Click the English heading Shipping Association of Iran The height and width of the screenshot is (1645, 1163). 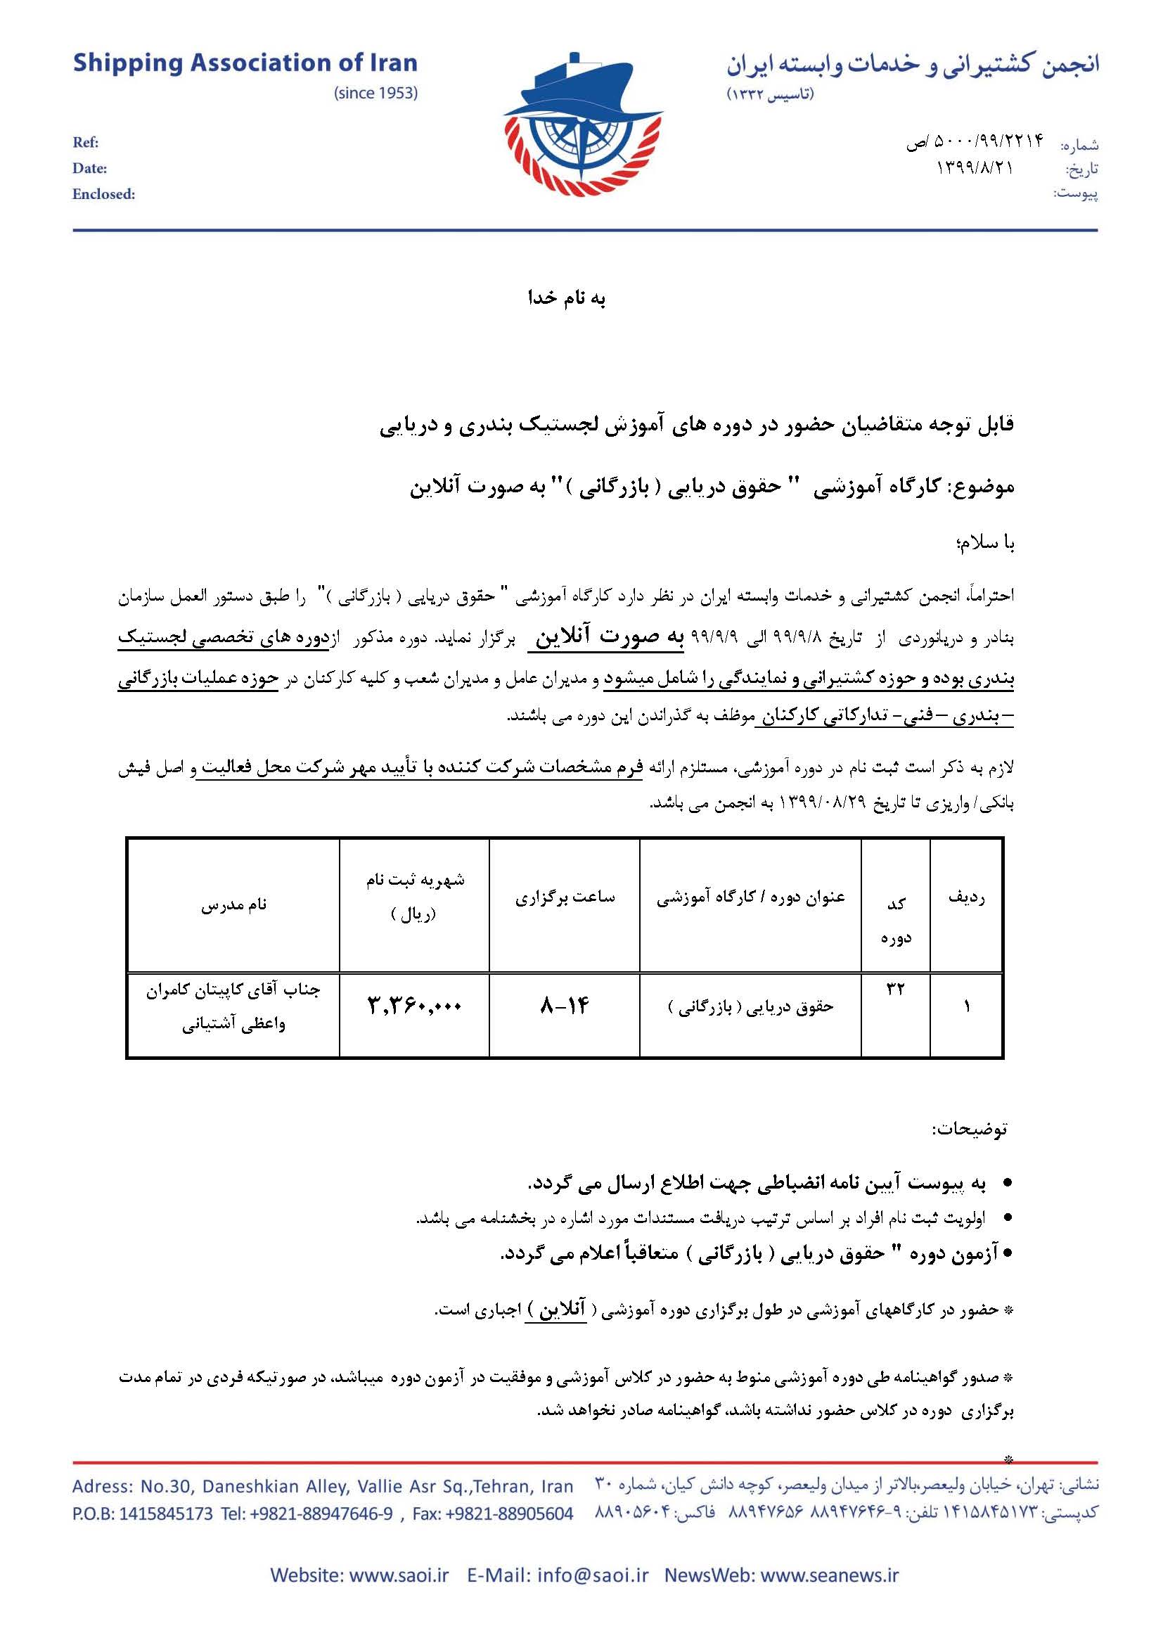[x=245, y=64]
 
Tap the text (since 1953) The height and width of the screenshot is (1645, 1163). [x=375, y=94]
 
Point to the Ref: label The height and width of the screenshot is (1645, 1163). [x=85, y=143]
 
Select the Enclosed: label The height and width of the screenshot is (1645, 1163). [x=103, y=194]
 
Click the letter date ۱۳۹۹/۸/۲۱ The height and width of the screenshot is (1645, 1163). [x=975, y=169]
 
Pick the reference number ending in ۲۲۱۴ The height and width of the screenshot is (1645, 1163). [x=975, y=143]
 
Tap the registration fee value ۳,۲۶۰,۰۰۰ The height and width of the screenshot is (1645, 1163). [x=415, y=1006]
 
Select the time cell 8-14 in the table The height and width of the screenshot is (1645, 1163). [x=565, y=1006]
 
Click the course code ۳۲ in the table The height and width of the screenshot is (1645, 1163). [x=896, y=990]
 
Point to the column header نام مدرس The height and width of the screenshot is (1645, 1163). [x=233, y=905]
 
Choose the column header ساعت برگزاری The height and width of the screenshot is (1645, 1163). [x=565, y=897]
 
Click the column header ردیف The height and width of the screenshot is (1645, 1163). [x=966, y=897]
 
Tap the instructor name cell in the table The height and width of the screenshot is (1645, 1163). [x=233, y=1006]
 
